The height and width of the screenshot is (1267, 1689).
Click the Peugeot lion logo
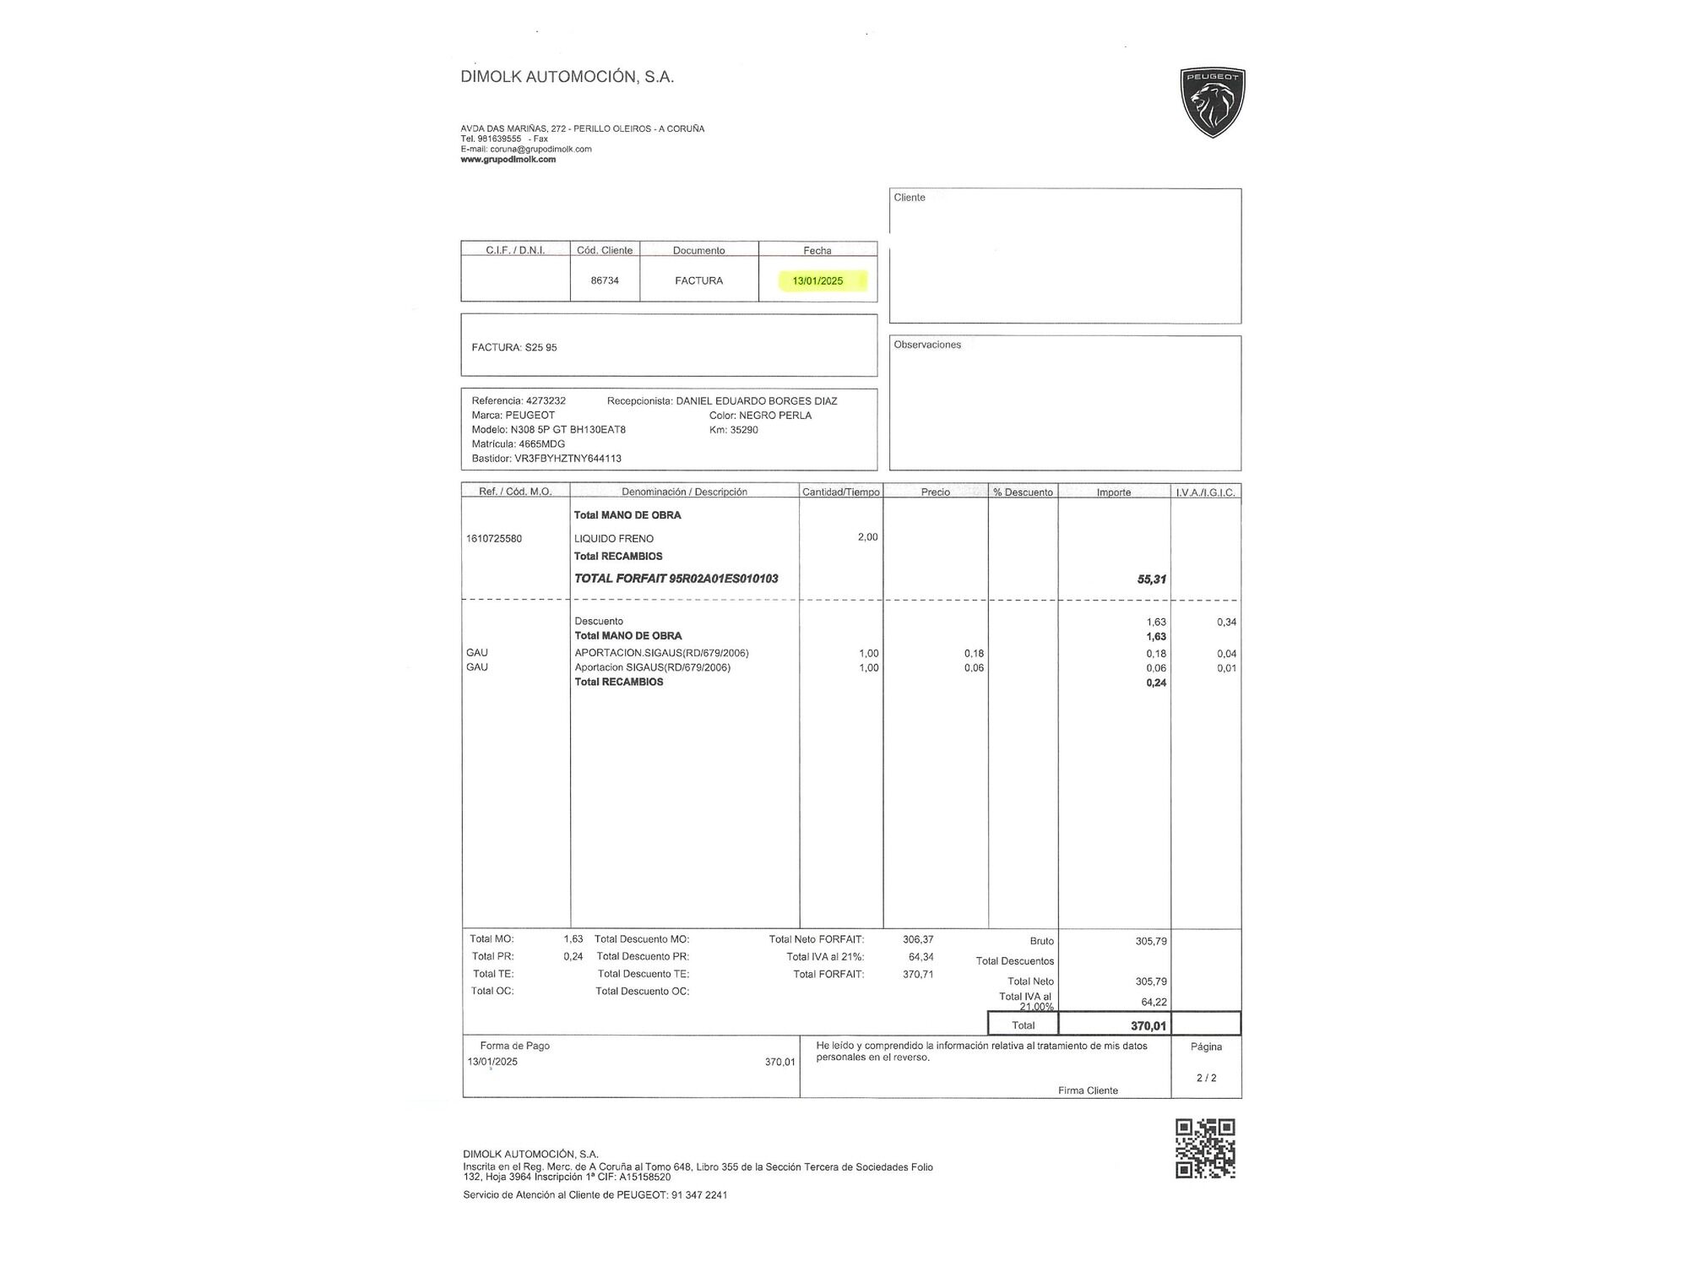pos(1212,102)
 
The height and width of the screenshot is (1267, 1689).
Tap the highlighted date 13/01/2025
pos(817,281)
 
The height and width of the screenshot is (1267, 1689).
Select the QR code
pos(1205,1149)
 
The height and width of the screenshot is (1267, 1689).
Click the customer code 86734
pos(605,281)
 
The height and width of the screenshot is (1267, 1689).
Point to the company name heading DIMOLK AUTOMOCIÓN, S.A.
pos(567,77)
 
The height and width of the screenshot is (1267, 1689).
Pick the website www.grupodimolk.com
pos(508,160)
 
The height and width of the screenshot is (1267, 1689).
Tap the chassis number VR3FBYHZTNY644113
pos(568,459)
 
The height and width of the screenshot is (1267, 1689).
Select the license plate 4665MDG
pos(542,444)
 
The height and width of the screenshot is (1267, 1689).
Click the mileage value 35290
pos(744,430)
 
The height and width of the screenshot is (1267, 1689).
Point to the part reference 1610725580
pos(494,539)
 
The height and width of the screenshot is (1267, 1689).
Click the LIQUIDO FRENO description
pos(614,539)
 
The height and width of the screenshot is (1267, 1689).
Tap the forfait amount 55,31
pos(1151,579)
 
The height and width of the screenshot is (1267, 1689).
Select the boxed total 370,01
pos(1148,1026)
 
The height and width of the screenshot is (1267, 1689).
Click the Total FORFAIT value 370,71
pos(918,975)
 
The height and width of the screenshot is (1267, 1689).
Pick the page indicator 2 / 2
pos(1206,1079)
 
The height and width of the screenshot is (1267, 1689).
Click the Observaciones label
pos(927,345)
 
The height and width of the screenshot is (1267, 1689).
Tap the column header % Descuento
pos(1023,492)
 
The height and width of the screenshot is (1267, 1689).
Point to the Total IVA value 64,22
pos(1154,1003)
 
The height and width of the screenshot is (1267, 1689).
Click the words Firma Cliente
pos(1088,1091)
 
